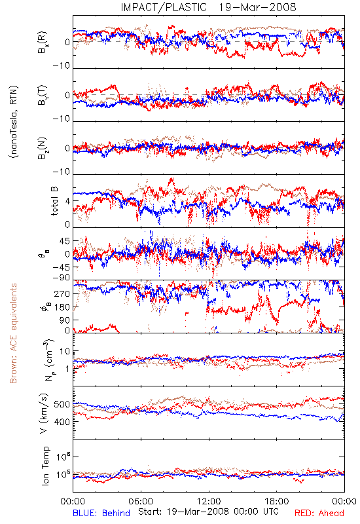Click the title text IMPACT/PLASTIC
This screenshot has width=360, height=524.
164,7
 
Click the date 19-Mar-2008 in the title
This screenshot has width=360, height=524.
257,7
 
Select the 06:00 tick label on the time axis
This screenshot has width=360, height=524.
141,501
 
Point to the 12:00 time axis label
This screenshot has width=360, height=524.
209,501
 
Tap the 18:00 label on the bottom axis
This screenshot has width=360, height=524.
277,501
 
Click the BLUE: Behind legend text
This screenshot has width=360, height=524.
101,513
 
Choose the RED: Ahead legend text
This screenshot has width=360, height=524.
319,513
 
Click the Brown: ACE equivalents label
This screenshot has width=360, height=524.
13,333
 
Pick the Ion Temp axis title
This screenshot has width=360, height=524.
45,466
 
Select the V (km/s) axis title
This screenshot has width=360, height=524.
44,413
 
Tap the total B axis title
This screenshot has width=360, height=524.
54,201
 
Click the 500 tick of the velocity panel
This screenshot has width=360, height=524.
62,404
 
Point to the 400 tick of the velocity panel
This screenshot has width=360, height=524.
62,422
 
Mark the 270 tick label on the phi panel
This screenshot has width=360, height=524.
62,293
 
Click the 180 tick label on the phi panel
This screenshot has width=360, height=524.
62,307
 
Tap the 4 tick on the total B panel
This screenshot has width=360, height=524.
68,201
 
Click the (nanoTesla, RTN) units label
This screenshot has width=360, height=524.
14,121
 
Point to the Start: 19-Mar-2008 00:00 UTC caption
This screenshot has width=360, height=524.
208,512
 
